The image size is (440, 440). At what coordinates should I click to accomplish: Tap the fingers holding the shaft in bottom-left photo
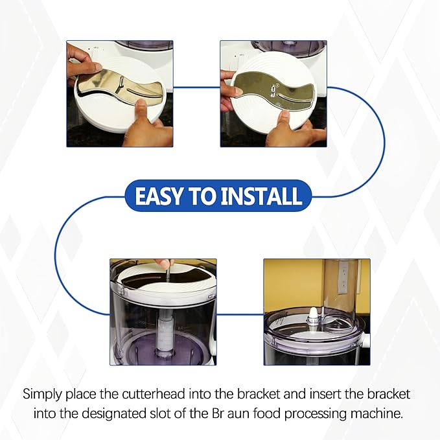click(167, 264)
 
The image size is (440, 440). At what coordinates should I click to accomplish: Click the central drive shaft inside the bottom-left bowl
click(163, 324)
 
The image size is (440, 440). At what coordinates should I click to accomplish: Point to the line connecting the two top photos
click(197, 87)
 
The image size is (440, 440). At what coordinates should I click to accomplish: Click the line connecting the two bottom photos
click(240, 315)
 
